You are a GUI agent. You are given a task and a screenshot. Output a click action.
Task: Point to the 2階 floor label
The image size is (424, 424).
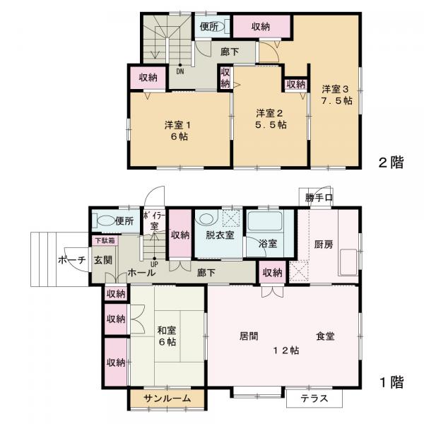click(390, 163)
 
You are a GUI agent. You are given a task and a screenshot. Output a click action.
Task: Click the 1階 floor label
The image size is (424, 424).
click(390, 384)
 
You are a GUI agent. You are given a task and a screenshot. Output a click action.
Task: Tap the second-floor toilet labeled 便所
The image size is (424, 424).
click(208, 28)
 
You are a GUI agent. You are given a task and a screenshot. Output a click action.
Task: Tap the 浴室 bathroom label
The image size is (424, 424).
click(266, 243)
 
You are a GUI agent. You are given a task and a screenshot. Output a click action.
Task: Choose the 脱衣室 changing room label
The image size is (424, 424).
click(220, 235)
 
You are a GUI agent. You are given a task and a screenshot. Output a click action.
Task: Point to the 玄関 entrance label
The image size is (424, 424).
click(102, 259)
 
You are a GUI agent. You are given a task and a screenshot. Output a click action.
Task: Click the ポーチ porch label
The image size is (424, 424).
click(72, 260)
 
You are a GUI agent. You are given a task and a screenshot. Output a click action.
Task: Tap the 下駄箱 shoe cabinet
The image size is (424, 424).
click(103, 241)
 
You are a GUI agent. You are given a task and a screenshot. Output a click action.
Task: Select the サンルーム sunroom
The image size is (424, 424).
click(167, 399)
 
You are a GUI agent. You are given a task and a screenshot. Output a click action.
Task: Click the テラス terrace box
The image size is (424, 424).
click(314, 399)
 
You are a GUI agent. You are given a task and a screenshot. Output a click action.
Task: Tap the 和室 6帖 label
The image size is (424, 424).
click(167, 336)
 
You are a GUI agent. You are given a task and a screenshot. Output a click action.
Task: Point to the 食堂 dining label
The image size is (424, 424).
click(326, 337)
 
